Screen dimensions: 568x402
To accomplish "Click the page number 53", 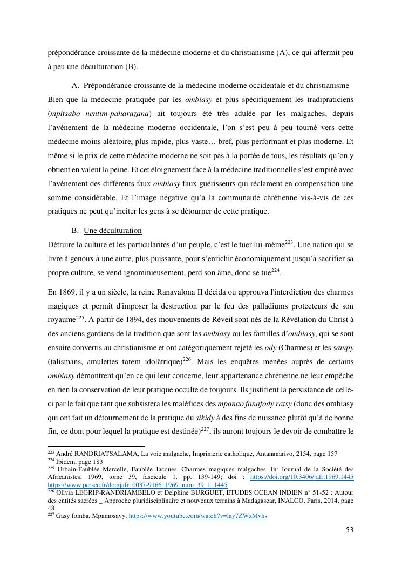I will [x=349, y=530].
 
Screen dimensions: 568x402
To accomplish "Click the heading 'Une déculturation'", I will [x=112, y=230].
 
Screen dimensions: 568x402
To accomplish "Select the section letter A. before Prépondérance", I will [x=76, y=85].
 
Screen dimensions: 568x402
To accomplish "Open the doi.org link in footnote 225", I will [x=302, y=477].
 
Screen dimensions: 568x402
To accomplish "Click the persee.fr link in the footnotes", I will [x=138, y=484].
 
